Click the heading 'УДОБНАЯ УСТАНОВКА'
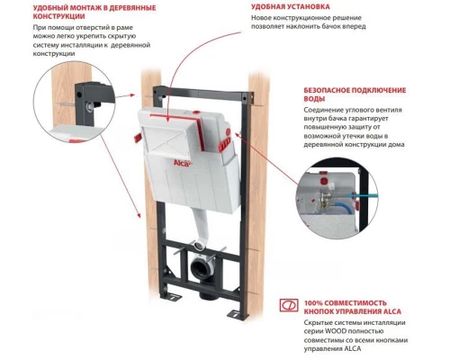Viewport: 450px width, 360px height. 290,8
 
